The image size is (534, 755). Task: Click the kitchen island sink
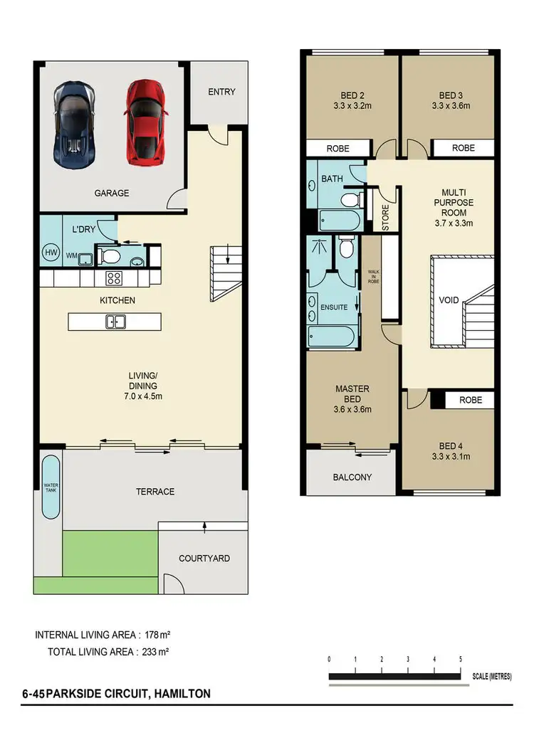tap(115, 322)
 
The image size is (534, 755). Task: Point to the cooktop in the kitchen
tap(115, 277)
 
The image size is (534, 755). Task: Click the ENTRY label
tap(221, 92)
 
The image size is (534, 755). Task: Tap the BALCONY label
tap(352, 477)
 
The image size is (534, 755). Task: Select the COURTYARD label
tap(204, 559)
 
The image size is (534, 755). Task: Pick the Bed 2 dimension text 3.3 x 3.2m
tap(351, 106)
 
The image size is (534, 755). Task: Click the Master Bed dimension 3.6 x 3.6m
tap(352, 409)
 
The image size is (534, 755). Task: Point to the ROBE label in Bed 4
tap(470, 400)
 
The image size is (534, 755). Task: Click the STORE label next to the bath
tap(385, 218)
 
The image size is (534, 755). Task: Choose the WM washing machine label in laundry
tap(71, 255)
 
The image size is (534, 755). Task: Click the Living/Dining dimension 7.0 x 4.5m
tap(142, 397)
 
